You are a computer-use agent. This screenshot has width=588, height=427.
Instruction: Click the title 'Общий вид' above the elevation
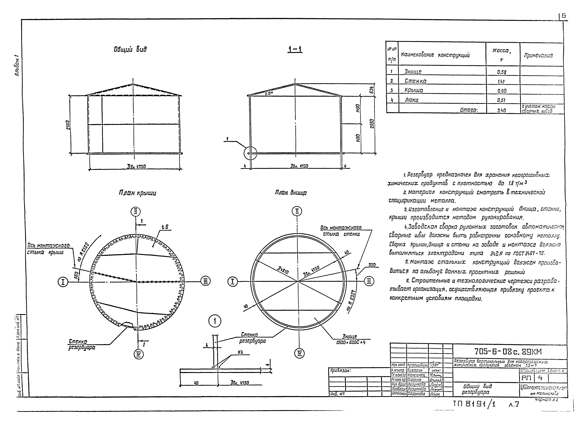point(130,49)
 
